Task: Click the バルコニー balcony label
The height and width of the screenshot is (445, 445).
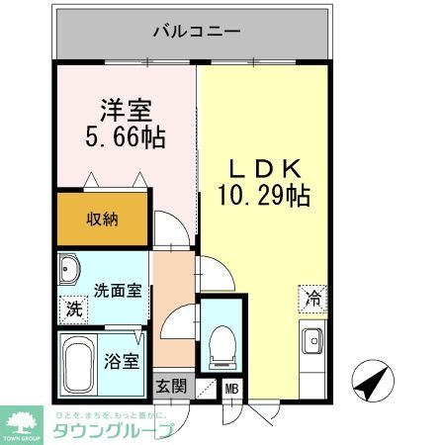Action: pyautogui.click(x=196, y=33)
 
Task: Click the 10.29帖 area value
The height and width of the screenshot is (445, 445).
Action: pyautogui.click(x=263, y=196)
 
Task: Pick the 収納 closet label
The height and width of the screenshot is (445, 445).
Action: pyautogui.click(x=102, y=219)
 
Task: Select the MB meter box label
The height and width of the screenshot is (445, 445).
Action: pyautogui.click(x=232, y=388)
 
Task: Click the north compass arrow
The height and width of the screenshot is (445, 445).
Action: pyautogui.click(x=371, y=380)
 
